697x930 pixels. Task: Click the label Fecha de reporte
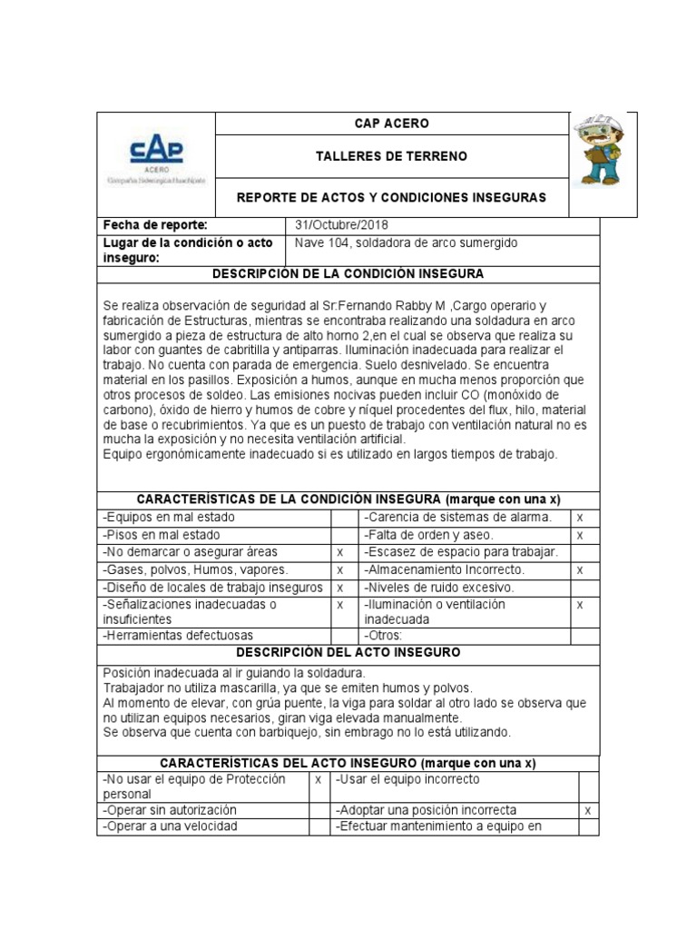point(156,224)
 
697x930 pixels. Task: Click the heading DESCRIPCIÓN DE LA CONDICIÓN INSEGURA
point(348,273)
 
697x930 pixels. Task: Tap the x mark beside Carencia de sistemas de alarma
point(579,517)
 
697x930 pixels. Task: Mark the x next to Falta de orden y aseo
point(579,535)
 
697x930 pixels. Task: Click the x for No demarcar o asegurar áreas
point(340,552)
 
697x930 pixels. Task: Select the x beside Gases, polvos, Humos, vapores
point(340,569)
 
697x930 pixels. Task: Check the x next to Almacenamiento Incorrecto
point(579,569)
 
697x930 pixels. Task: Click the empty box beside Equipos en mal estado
point(340,517)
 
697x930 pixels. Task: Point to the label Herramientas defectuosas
point(179,635)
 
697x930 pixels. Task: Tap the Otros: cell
point(383,635)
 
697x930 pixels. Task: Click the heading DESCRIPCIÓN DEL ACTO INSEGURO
point(348,652)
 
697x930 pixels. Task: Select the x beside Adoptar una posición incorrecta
point(588,809)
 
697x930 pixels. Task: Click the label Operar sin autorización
point(171,809)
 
